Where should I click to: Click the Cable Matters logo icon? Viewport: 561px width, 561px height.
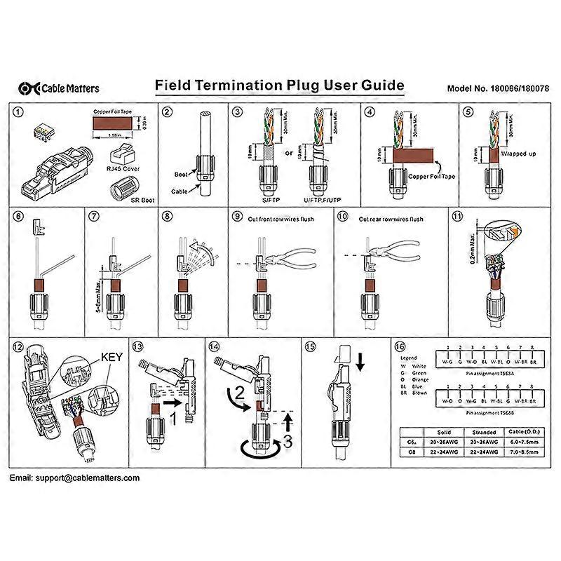(28, 88)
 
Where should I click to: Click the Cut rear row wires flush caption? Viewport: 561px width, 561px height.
(391, 219)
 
